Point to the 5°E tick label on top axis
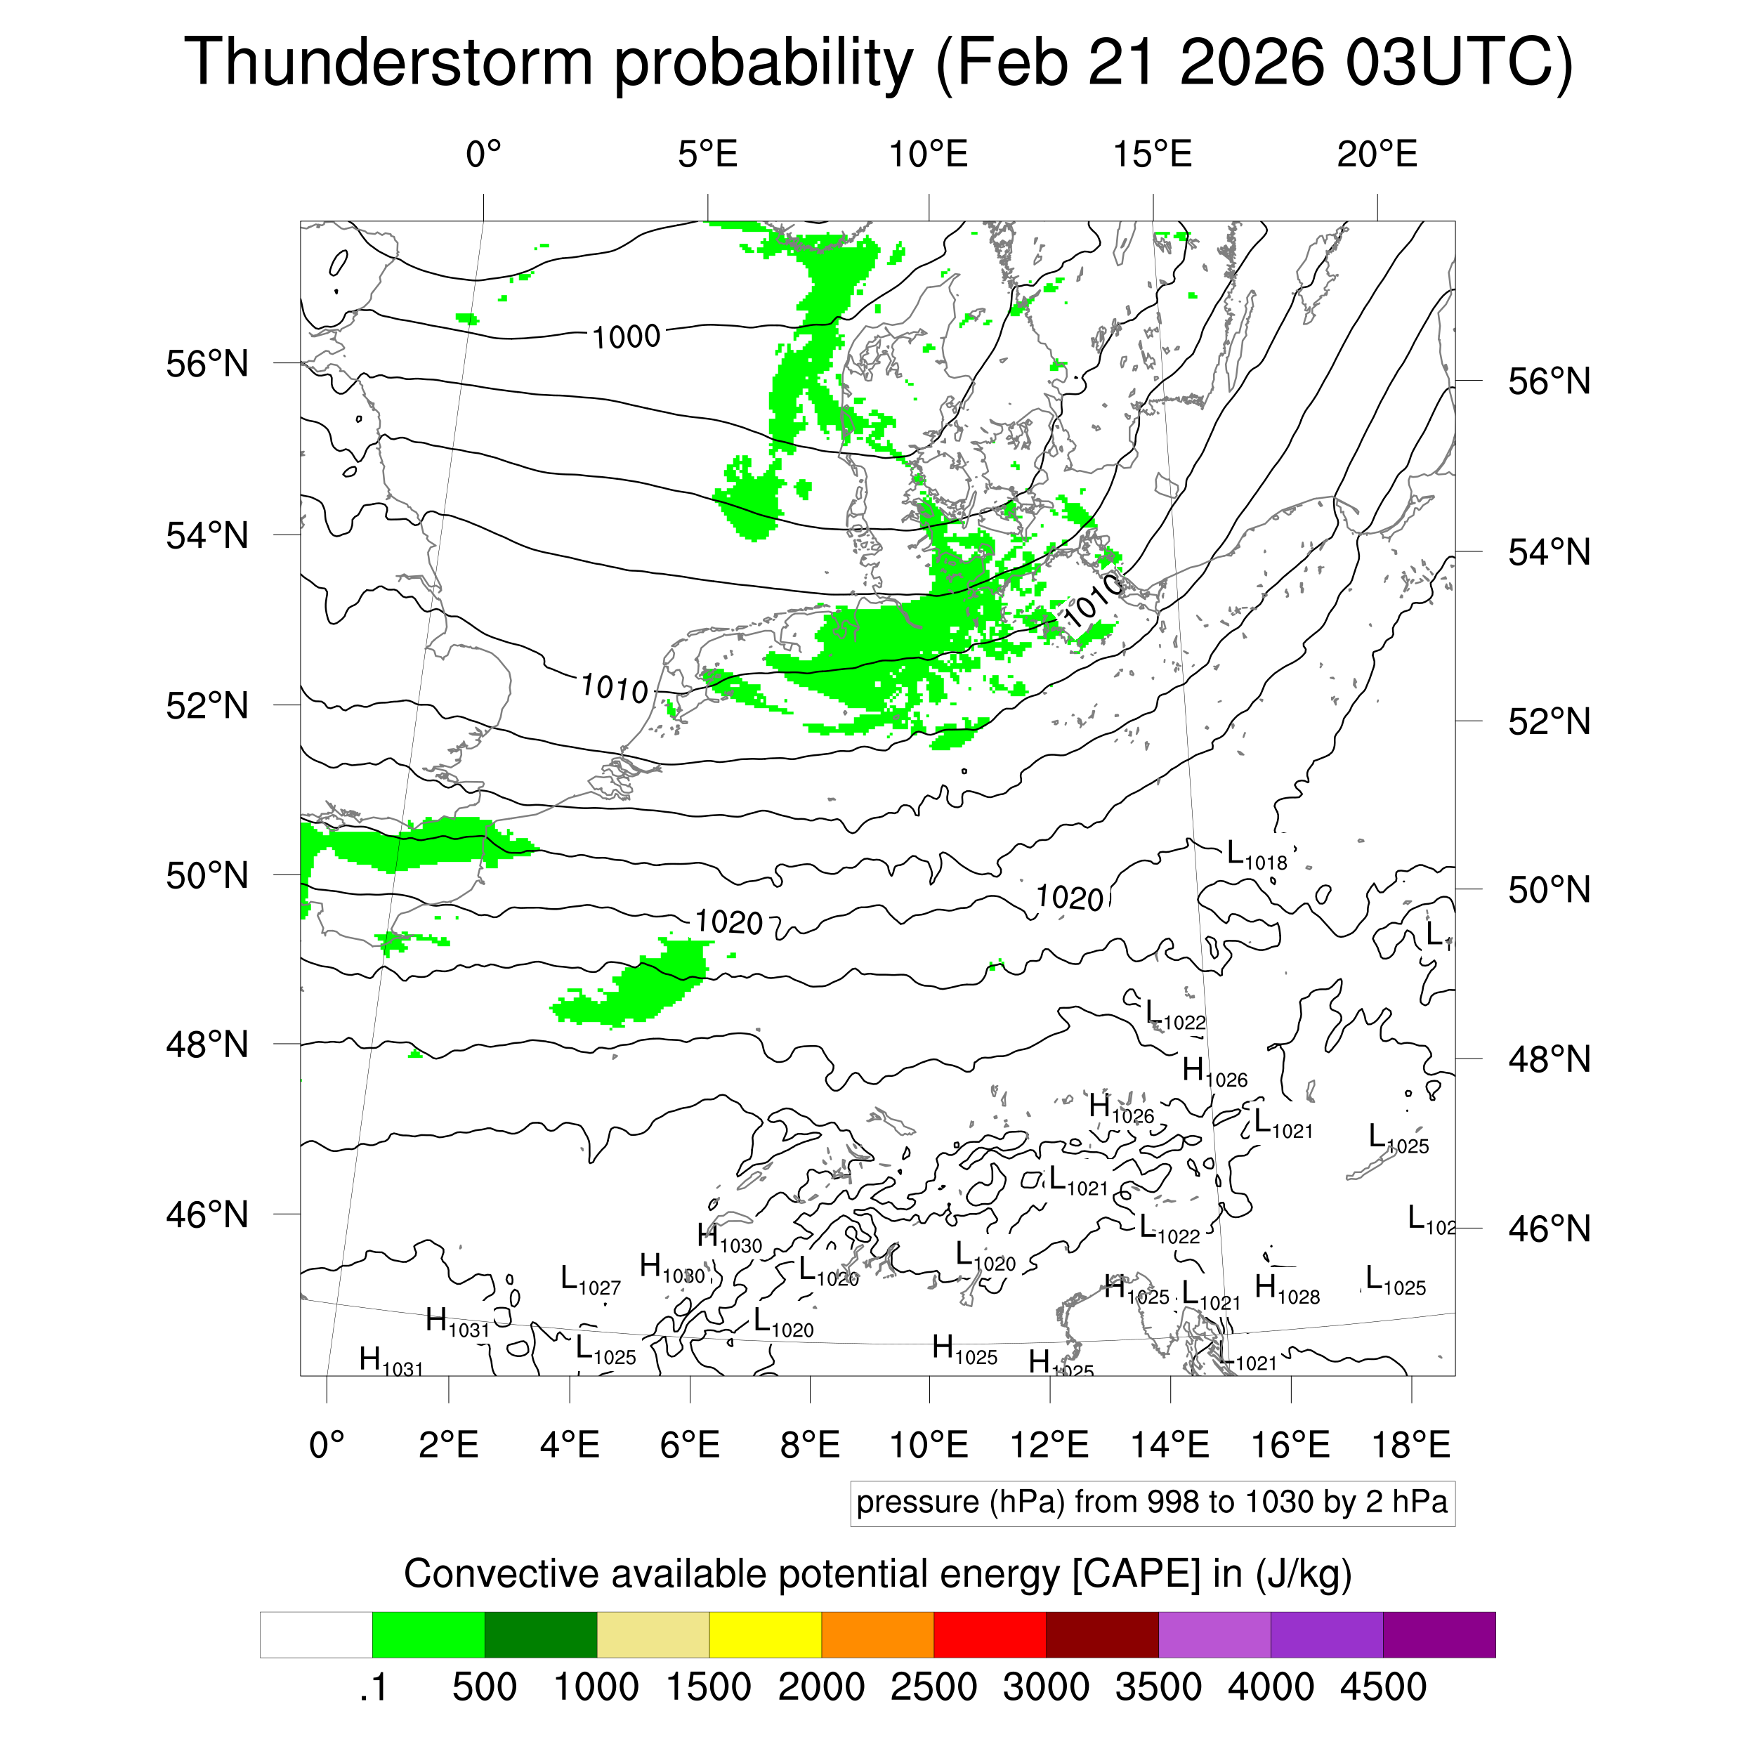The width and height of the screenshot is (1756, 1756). [x=707, y=155]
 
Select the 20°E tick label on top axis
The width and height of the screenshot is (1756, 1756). [x=1376, y=155]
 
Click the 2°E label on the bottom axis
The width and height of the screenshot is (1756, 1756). [x=448, y=1444]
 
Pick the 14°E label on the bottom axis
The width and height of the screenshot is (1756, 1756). [x=1169, y=1444]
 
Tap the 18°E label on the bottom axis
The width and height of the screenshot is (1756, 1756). [x=1410, y=1444]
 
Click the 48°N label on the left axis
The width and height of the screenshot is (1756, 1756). [x=207, y=1044]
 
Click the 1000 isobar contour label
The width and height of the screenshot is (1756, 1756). [x=627, y=337]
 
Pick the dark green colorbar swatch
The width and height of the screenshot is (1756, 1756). [x=540, y=1634]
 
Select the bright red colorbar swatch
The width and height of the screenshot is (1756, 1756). [x=989, y=1634]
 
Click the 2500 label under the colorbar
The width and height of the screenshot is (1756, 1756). [x=933, y=1687]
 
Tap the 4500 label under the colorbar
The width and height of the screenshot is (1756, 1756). [x=1382, y=1687]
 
